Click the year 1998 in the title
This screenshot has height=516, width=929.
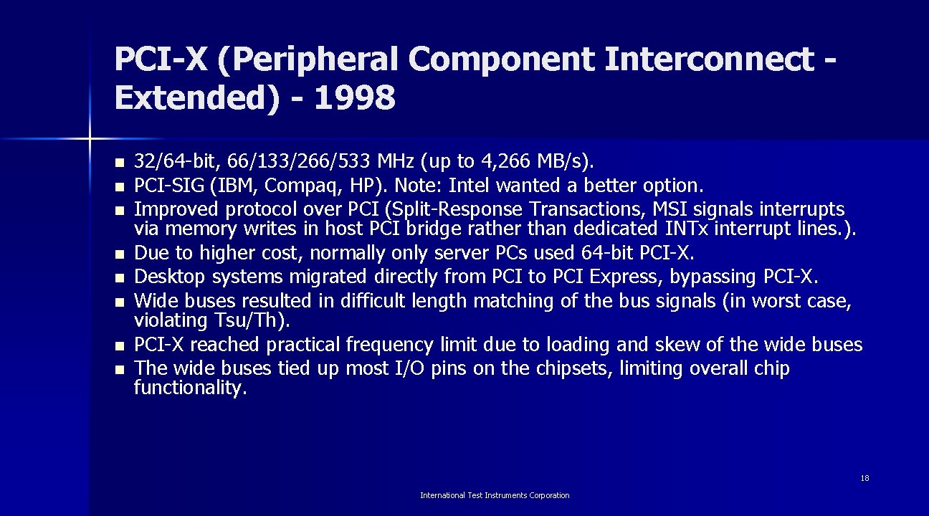(354, 98)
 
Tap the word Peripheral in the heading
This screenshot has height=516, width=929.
(312, 59)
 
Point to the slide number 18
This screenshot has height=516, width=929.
(865, 478)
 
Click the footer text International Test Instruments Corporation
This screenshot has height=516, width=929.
(495, 495)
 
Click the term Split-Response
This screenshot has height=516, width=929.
(439, 209)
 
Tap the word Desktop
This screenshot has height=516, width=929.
(169, 277)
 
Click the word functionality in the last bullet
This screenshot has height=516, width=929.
(190, 388)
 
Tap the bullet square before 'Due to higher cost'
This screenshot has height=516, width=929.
(119, 254)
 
